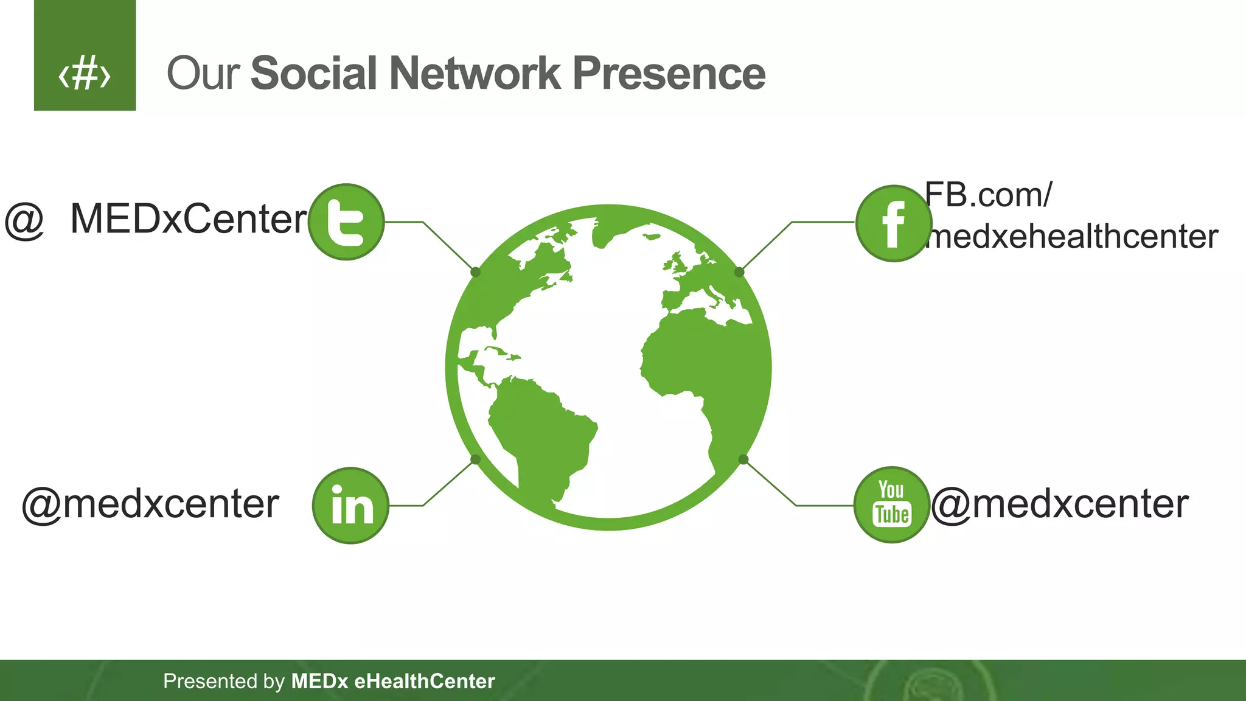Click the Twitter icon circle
pyautogui.click(x=346, y=222)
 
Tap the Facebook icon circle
pyautogui.click(x=893, y=223)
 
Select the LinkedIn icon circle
pyautogui.click(x=350, y=505)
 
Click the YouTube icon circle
pyautogui.click(x=892, y=504)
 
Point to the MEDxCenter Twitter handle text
pyautogui.click(x=189, y=219)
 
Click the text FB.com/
pyautogui.click(x=988, y=195)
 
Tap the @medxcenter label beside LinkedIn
pyautogui.click(x=150, y=504)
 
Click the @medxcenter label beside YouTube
pyautogui.click(x=1059, y=504)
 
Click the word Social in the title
pyautogui.click(x=314, y=74)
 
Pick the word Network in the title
pyautogui.click(x=475, y=74)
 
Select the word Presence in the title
pyautogui.click(x=669, y=74)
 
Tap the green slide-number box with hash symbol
pyautogui.click(x=85, y=55)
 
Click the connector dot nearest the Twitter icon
pyautogui.click(x=476, y=272)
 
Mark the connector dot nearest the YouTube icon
pyautogui.click(x=743, y=459)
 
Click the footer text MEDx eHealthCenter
pyautogui.click(x=393, y=681)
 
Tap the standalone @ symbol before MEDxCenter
pyautogui.click(x=24, y=220)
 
